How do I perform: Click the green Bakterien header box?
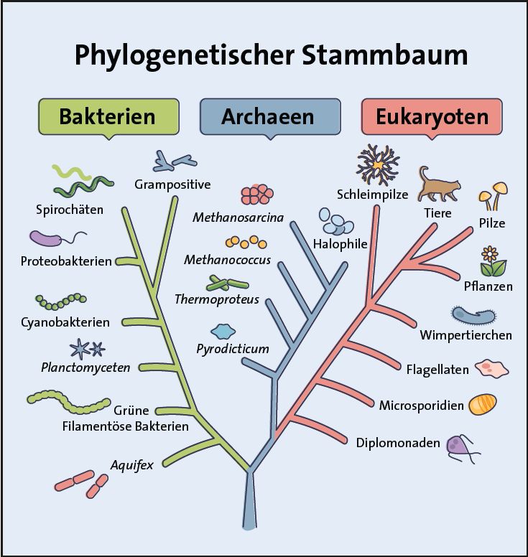(107, 116)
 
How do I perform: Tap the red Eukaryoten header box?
(432, 116)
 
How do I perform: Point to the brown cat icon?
(437, 186)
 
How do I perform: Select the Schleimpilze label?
(372, 195)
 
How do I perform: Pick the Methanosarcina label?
(238, 217)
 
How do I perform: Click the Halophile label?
(340, 244)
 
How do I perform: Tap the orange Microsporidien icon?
(482, 404)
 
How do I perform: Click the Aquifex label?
(131, 465)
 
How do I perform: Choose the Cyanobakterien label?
(65, 322)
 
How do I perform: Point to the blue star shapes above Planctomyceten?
(87, 349)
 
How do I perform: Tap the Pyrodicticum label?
(233, 350)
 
